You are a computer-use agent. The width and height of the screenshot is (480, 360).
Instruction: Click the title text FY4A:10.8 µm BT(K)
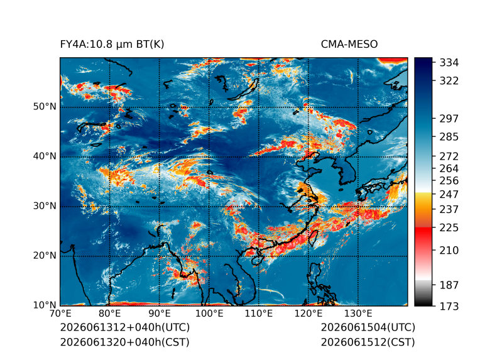click(x=112, y=45)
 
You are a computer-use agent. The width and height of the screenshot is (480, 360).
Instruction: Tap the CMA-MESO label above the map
click(x=349, y=45)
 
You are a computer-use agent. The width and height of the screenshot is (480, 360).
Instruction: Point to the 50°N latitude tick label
click(x=45, y=107)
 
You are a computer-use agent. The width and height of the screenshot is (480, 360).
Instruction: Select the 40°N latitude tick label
click(x=45, y=156)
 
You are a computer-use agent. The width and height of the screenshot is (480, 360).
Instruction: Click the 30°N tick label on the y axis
click(x=45, y=205)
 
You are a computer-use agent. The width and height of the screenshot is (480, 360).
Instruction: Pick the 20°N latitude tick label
click(x=45, y=255)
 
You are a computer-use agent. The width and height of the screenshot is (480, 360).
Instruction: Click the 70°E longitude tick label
click(x=60, y=314)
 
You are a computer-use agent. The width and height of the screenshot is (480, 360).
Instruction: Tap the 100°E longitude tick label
click(x=209, y=314)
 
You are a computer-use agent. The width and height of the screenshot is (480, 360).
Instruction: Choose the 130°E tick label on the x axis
click(x=358, y=314)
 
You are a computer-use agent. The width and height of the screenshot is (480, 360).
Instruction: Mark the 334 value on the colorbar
click(x=449, y=63)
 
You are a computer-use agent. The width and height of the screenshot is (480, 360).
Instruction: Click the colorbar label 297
click(x=449, y=119)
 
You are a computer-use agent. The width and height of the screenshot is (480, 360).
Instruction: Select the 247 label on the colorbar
click(x=449, y=194)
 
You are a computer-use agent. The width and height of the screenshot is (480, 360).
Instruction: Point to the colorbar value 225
click(x=449, y=228)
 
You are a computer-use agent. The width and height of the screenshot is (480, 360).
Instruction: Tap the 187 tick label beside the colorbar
click(x=449, y=285)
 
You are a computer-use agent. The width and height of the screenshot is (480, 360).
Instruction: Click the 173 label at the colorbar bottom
click(x=449, y=306)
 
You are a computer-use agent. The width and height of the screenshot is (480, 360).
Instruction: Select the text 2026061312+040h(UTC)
click(x=125, y=327)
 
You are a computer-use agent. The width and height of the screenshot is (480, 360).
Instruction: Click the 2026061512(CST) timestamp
click(x=368, y=342)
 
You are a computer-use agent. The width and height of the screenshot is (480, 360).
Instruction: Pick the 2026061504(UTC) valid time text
click(x=368, y=327)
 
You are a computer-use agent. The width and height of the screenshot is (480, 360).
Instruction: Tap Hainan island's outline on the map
click(x=258, y=261)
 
